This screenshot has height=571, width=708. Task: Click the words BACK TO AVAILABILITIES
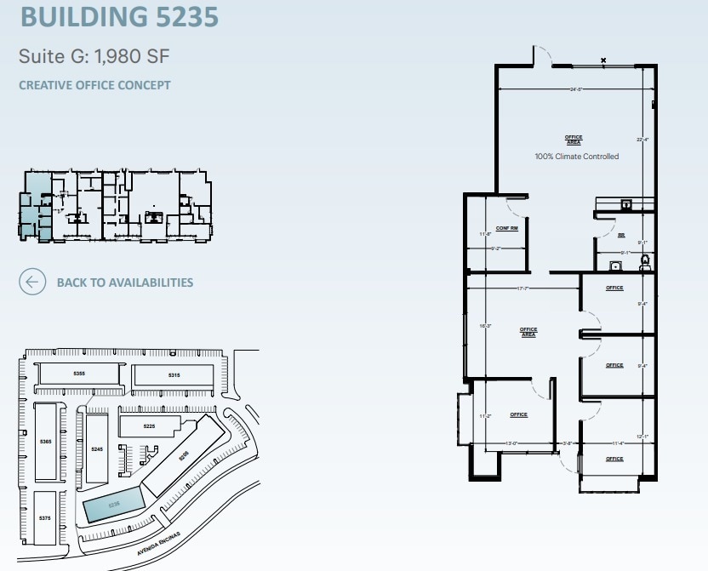[125, 283]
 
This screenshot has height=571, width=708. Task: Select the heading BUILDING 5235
[118, 17]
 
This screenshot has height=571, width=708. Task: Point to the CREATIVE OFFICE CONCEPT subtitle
[94, 85]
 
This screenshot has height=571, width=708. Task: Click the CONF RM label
[507, 229]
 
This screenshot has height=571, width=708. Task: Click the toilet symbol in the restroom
[644, 261]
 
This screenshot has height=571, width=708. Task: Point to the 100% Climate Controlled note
[576, 157]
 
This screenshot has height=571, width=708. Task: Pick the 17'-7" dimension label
[523, 288]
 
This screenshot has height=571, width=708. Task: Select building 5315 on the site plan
[174, 375]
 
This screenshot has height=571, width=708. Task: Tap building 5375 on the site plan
[45, 517]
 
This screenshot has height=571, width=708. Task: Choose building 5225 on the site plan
[149, 425]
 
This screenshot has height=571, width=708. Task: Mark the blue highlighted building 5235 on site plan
[114, 505]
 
